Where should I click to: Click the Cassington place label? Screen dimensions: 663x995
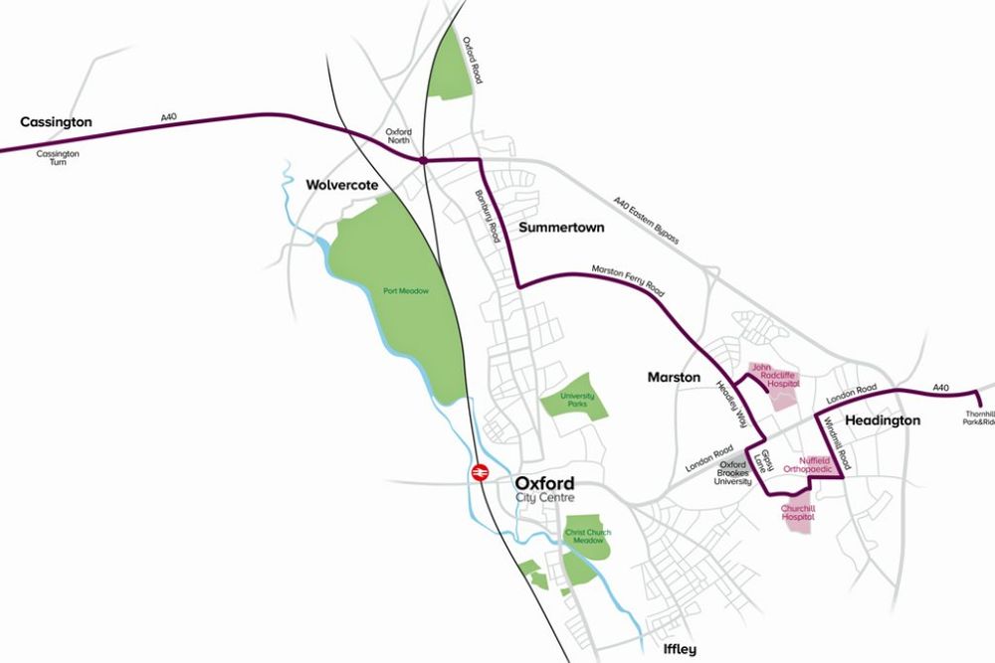(56, 122)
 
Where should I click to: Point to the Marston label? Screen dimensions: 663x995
(675, 378)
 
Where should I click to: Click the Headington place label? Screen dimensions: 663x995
(882, 420)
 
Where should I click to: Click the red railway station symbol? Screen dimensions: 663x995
(479, 473)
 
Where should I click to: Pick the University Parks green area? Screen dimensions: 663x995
(575, 400)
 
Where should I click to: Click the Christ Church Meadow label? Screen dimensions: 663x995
(587, 537)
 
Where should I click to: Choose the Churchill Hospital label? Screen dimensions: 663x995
(798, 513)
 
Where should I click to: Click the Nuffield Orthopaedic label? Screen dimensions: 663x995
(807, 464)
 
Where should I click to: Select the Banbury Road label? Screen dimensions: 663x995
(487, 218)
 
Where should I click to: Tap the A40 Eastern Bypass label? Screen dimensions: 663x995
(646, 220)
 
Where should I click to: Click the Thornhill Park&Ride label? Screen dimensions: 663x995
(979, 418)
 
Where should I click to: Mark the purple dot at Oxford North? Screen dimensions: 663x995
(424, 160)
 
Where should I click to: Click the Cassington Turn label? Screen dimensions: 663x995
(58, 158)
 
